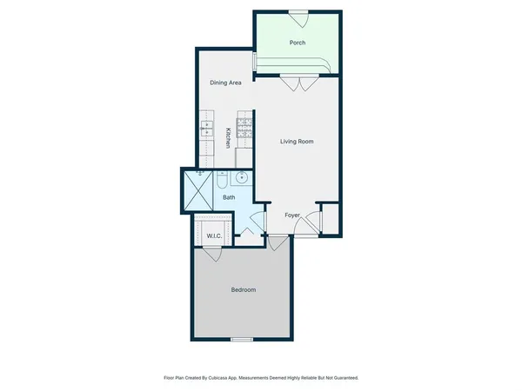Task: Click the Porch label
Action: (x=296, y=42)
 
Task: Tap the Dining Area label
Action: (x=225, y=83)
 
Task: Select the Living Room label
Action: (x=297, y=141)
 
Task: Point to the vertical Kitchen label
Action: (x=228, y=137)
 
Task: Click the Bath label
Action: (x=229, y=197)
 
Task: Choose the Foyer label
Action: (x=293, y=215)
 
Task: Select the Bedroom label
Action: (x=243, y=289)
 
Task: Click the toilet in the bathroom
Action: (x=221, y=182)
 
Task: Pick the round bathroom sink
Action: (x=241, y=180)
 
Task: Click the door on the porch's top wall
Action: (x=298, y=14)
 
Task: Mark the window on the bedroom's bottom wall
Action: (x=242, y=338)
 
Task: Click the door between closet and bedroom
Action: (x=211, y=255)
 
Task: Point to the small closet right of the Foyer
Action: (x=330, y=220)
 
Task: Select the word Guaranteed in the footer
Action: (x=340, y=378)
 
